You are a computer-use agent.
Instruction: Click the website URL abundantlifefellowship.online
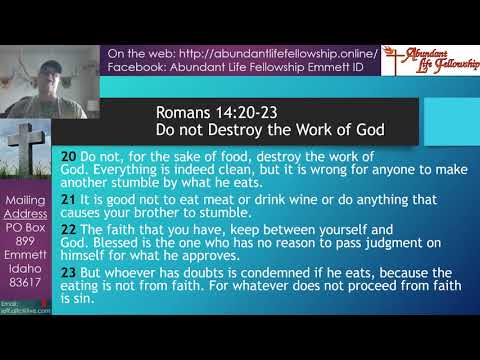tap(282, 53)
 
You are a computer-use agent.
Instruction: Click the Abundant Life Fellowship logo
tap(430, 61)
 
